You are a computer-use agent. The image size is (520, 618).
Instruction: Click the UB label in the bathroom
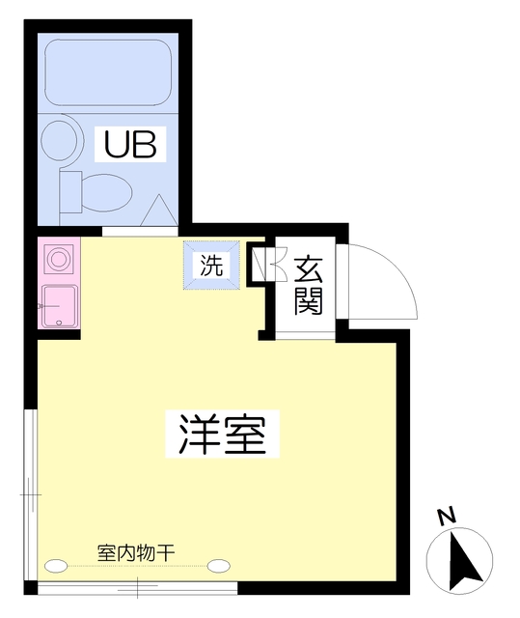point(136,146)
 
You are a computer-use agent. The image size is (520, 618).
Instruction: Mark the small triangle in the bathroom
point(160,210)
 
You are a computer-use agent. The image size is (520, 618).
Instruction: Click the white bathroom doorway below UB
point(140,231)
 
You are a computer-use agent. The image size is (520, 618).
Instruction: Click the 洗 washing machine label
point(210,264)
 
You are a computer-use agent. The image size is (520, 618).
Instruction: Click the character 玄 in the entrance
point(308,267)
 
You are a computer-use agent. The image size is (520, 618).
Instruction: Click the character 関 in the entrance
point(308,302)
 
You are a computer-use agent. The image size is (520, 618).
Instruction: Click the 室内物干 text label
point(136,553)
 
